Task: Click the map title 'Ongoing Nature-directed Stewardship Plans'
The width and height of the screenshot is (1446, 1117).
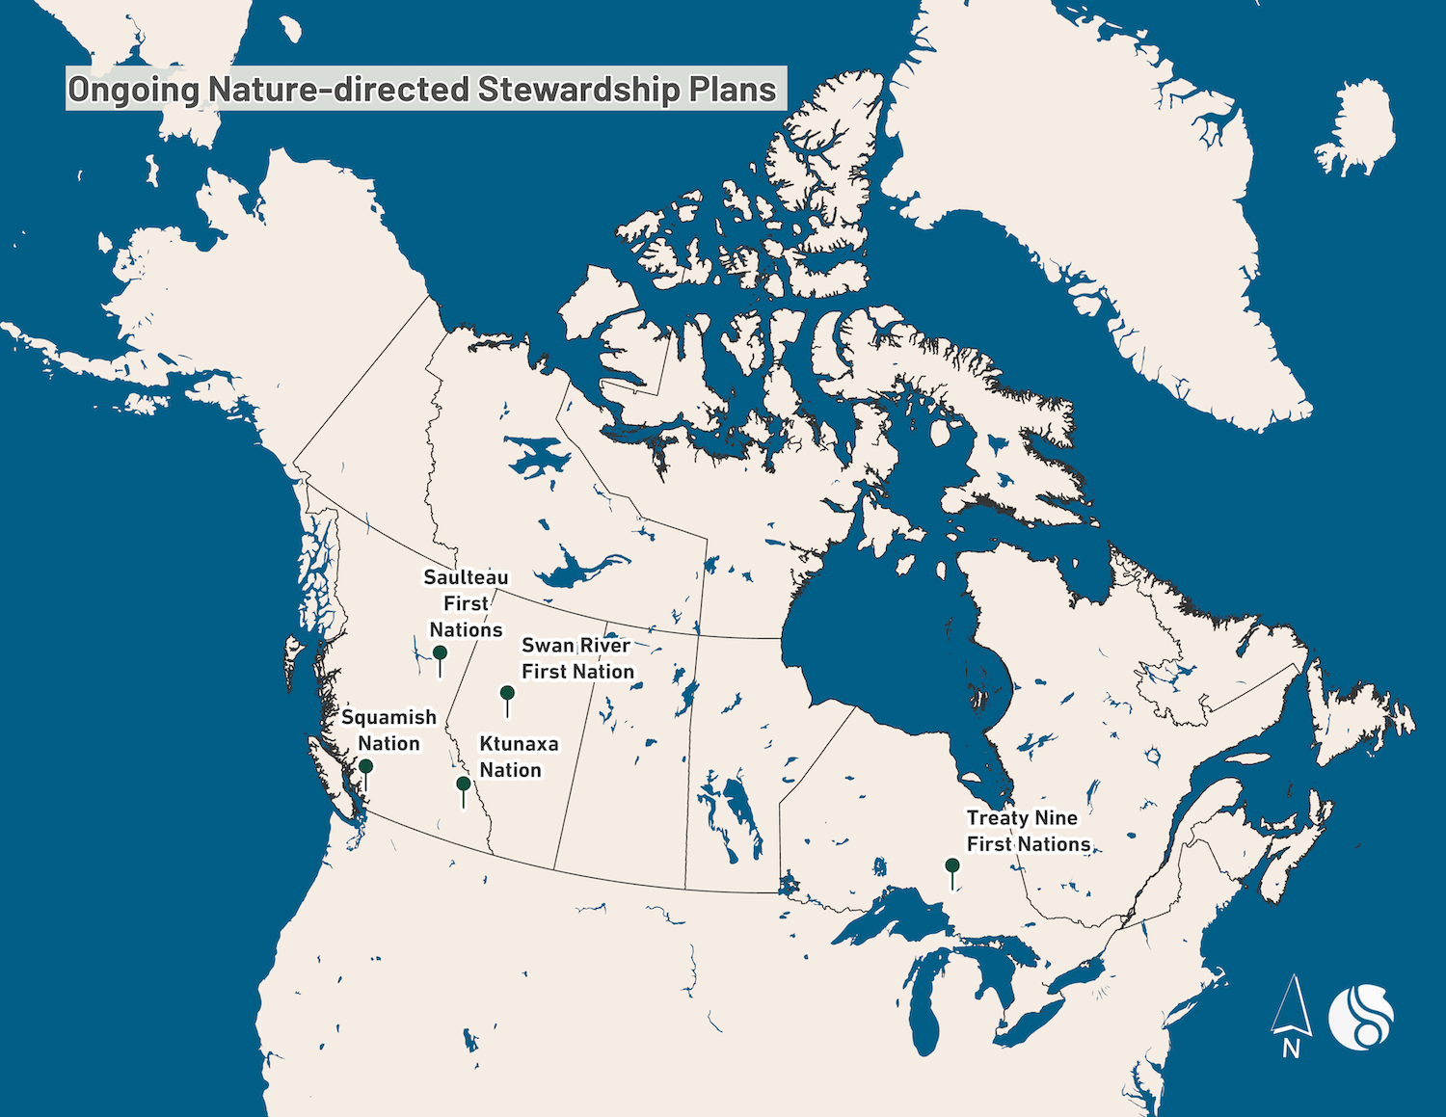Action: [x=422, y=89]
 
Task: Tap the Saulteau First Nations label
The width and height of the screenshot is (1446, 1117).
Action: [x=467, y=603]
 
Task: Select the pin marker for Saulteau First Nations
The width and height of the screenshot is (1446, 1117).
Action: [x=440, y=654]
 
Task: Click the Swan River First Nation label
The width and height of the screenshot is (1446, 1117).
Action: [x=577, y=658]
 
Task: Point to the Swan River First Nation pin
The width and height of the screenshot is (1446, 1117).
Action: [x=507, y=694]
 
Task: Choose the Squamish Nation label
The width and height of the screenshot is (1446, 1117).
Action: [x=388, y=731]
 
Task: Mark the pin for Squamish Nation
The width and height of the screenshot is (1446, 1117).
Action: [x=365, y=767]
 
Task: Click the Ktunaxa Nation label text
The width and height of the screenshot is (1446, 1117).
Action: [x=519, y=757]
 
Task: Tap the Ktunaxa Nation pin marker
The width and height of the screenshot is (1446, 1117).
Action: [x=464, y=785]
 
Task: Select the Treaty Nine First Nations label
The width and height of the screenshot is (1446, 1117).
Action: [x=1028, y=831]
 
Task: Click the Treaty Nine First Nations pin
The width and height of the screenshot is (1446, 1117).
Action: [x=952, y=866]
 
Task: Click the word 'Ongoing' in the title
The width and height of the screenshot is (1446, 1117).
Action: [x=133, y=89]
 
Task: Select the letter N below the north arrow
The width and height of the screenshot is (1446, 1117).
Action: [x=1291, y=1049]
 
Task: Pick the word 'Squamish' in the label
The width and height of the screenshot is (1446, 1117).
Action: [x=388, y=718]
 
